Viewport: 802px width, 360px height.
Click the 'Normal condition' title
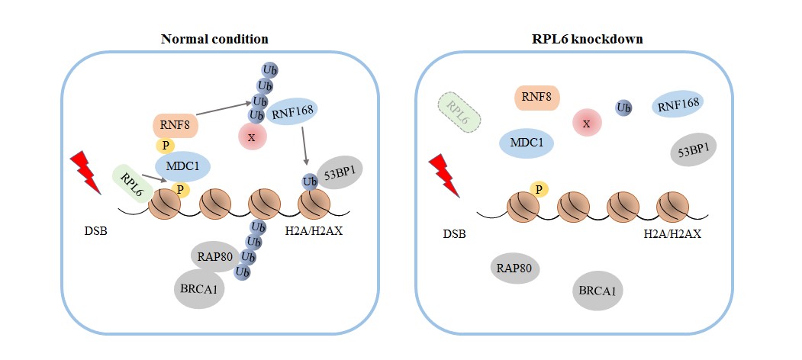214,38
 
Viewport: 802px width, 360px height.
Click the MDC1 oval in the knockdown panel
527,143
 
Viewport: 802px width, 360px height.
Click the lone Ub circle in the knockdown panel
623,108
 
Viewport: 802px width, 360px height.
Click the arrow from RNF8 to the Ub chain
222,110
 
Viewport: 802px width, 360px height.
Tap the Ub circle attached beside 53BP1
310,182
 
